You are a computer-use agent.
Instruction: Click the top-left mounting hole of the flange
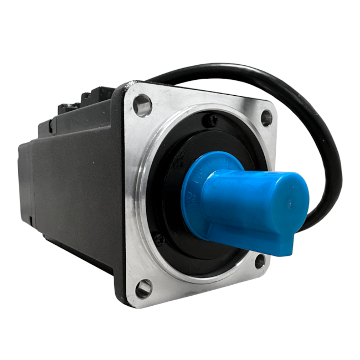(142, 105)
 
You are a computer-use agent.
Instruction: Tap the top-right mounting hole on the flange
(266, 117)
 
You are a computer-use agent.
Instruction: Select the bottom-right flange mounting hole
(259, 261)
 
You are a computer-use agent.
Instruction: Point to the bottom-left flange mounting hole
(143, 288)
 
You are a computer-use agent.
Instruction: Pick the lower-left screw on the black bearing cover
(160, 239)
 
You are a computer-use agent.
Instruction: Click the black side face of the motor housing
(78, 183)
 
